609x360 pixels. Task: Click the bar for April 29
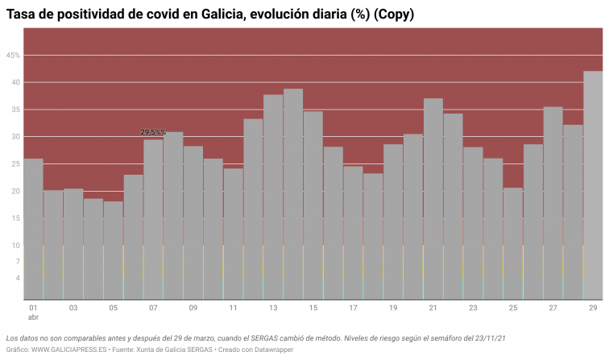tap(593, 185)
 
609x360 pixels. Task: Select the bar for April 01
tap(33, 229)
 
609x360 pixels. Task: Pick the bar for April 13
tap(273, 197)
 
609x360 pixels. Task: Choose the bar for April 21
tap(433, 198)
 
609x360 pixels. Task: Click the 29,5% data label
tap(153, 132)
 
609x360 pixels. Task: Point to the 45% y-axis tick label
tap(13, 56)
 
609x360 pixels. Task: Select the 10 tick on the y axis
tap(16, 246)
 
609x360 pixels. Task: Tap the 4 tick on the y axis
tap(18, 278)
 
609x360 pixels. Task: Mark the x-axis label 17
tap(353, 308)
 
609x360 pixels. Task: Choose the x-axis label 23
tap(473, 308)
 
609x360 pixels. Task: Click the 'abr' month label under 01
tap(33, 318)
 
